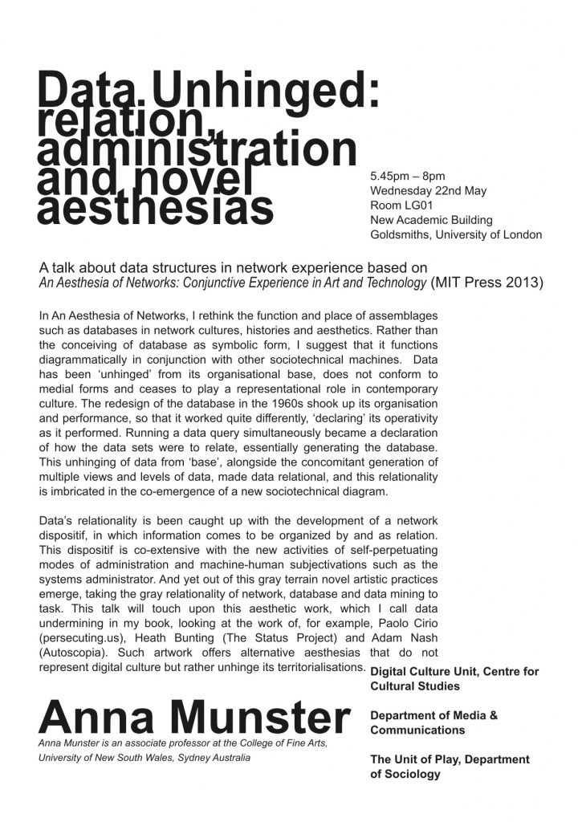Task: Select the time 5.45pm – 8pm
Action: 408,177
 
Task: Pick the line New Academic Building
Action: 431,220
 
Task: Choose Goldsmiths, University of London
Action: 455,234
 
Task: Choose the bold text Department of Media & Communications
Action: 433,722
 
